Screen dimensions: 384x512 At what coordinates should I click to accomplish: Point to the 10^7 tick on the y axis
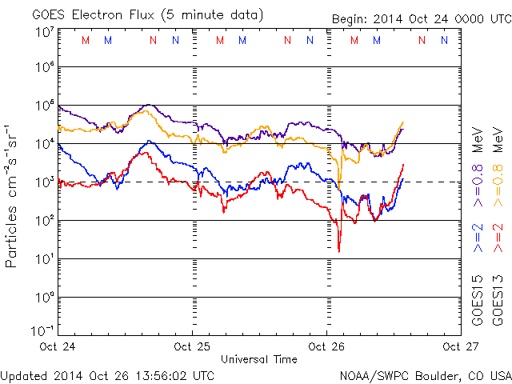(x=44, y=32)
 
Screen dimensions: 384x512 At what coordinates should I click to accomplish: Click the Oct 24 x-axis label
(x=58, y=346)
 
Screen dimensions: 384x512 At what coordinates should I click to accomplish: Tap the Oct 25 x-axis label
(x=192, y=346)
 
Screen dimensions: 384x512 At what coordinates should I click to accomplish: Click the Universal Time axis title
(x=258, y=359)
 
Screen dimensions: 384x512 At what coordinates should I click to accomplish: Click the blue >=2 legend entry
(x=477, y=238)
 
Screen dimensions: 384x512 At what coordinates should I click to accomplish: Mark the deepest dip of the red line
(x=338, y=251)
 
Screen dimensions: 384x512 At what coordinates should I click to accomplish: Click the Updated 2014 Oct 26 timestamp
(x=107, y=375)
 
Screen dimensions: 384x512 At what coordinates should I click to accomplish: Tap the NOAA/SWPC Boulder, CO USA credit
(x=425, y=375)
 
